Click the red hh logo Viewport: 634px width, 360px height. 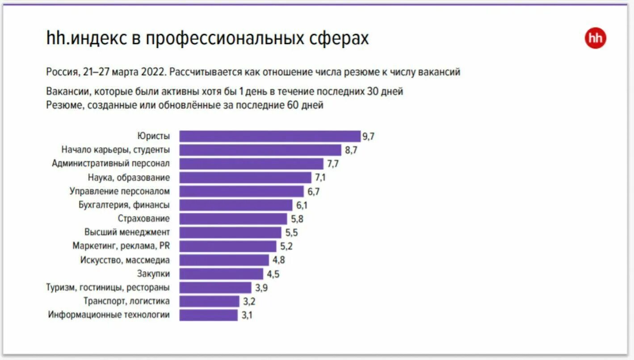596,38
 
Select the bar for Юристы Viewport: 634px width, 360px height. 270,136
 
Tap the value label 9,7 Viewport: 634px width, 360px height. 368,136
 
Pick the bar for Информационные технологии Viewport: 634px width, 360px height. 209,315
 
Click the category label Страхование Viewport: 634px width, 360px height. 143,219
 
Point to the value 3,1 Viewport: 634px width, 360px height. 247,315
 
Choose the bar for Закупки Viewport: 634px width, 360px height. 222,274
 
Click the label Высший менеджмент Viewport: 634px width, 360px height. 127,232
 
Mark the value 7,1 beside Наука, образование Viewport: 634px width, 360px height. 321,178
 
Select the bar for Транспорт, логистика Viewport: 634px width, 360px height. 210,301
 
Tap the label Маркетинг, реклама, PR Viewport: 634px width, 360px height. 121,246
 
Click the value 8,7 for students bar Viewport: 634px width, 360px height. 351,150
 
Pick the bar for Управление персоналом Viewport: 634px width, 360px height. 242,191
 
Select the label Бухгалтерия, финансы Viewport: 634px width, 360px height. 124,205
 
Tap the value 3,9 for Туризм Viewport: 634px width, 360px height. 261,288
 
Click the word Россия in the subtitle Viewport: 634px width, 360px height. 62,72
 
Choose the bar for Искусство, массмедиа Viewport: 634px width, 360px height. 224,260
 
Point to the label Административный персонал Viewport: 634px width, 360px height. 111,163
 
